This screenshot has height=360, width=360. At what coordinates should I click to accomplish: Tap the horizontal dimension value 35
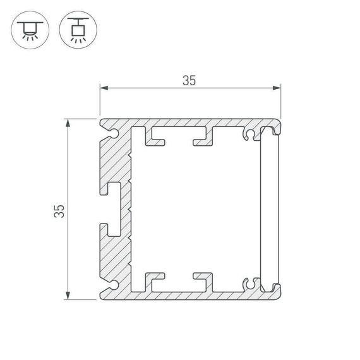coord(189,80)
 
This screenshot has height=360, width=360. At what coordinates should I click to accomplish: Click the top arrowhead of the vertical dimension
coord(68,122)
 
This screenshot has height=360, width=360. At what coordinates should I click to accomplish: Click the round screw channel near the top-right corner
coord(251,135)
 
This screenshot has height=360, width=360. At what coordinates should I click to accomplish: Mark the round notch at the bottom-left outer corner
coord(112,280)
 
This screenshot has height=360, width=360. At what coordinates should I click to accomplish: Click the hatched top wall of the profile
coord(189,123)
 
